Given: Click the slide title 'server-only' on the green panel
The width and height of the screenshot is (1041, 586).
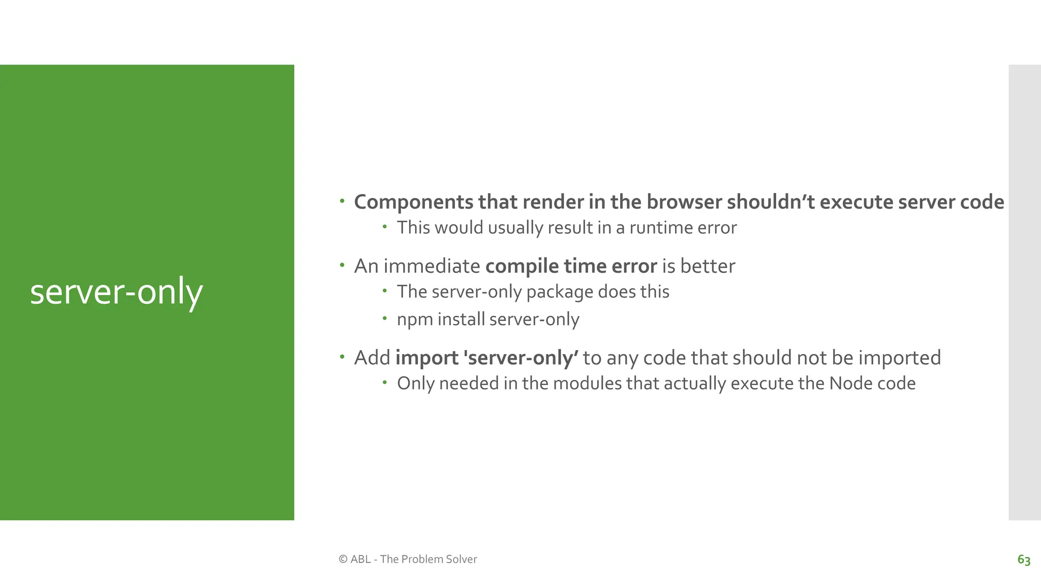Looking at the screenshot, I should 116,292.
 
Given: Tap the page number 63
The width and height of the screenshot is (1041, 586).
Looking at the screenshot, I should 1024,560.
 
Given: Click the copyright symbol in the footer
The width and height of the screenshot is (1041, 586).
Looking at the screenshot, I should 343,559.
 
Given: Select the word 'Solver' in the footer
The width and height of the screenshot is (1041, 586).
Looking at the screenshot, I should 461,559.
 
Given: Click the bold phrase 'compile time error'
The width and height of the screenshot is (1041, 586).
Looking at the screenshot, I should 571,266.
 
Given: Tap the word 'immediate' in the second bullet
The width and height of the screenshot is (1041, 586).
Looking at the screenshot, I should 432,266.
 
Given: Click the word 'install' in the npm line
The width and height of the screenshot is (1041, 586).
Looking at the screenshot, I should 461,319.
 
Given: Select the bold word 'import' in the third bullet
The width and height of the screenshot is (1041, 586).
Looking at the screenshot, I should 427,358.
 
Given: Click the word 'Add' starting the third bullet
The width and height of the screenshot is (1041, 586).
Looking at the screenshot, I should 372,358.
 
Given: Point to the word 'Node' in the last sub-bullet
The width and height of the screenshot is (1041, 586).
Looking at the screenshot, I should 847,383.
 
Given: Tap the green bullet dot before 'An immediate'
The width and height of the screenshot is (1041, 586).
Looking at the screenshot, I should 342,265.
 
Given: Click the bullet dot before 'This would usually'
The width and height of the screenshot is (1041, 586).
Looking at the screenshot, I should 385,226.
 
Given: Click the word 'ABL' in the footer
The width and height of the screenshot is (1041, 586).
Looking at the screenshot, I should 360,559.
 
